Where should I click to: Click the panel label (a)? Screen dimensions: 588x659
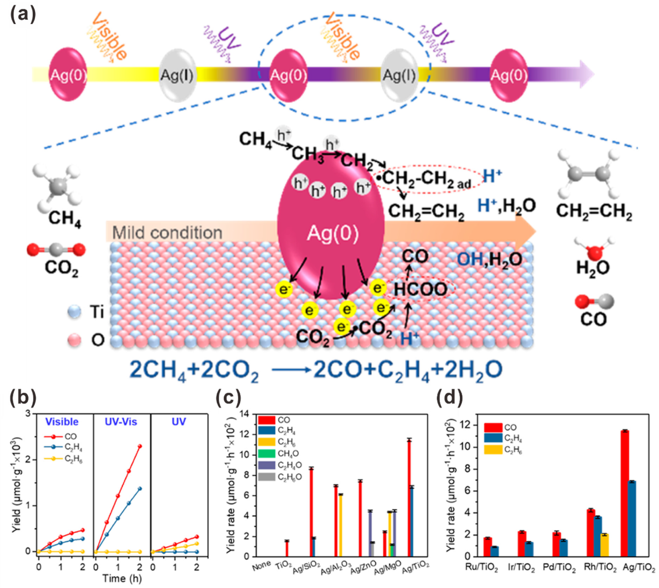[23, 14]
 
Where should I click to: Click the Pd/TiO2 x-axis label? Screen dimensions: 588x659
[559, 568]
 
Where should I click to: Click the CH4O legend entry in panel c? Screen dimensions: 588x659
[288, 454]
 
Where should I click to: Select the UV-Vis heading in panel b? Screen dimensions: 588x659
[121, 422]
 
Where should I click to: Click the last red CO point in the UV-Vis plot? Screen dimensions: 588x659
[139, 446]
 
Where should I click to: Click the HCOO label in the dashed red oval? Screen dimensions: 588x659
[421, 289]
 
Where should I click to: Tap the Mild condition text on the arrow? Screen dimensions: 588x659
[167, 233]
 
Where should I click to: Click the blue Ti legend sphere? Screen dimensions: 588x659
[74, 312]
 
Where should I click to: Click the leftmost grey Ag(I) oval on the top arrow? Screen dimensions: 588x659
[177, 75]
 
